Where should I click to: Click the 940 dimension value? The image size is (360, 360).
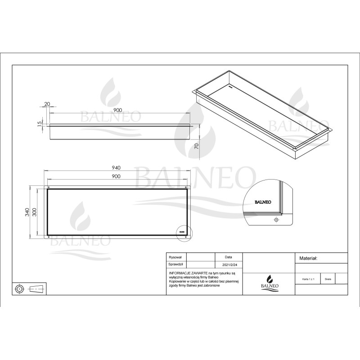click(117, 167)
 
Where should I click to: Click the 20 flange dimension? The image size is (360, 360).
click(47, 104)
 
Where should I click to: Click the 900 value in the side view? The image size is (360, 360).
click(117, 110)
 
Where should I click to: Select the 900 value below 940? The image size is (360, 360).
click(117, 176)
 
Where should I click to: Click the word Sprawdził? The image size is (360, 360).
click(175, 265)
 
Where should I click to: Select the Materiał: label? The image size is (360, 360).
click(309, 259)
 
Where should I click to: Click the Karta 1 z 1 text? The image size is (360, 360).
click(308, 279)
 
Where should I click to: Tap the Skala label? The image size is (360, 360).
click(328, 279)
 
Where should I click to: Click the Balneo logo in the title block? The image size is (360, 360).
click(269, 282)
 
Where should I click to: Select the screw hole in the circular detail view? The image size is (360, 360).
click(275, 220)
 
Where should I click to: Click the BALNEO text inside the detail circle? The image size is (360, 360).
click(263, 202)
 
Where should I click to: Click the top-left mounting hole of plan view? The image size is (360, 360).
click(48, 187)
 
